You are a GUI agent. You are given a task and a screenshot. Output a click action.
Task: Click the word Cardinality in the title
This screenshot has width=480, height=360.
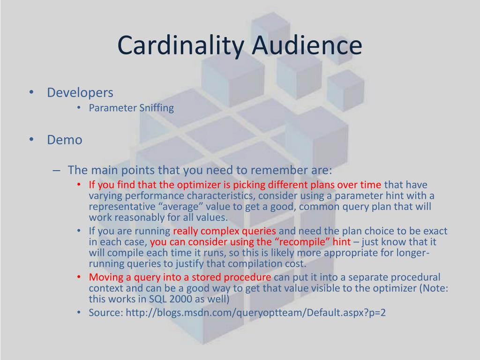coord(180,45)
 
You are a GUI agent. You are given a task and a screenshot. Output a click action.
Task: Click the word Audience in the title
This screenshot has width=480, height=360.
coord(307,45)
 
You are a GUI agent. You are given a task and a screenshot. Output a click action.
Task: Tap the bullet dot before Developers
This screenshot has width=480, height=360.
coord(31,92)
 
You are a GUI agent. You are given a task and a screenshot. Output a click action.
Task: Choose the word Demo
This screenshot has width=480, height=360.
coord(65,140)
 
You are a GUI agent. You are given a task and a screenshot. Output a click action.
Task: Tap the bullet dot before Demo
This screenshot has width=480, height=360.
coord(31,139)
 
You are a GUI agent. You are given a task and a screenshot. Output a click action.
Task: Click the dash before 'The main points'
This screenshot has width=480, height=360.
coord(56,171)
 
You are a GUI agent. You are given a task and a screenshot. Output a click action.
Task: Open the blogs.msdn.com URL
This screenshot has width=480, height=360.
coord(255,313)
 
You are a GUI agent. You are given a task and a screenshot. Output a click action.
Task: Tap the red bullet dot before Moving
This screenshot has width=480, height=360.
coord(79,277)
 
